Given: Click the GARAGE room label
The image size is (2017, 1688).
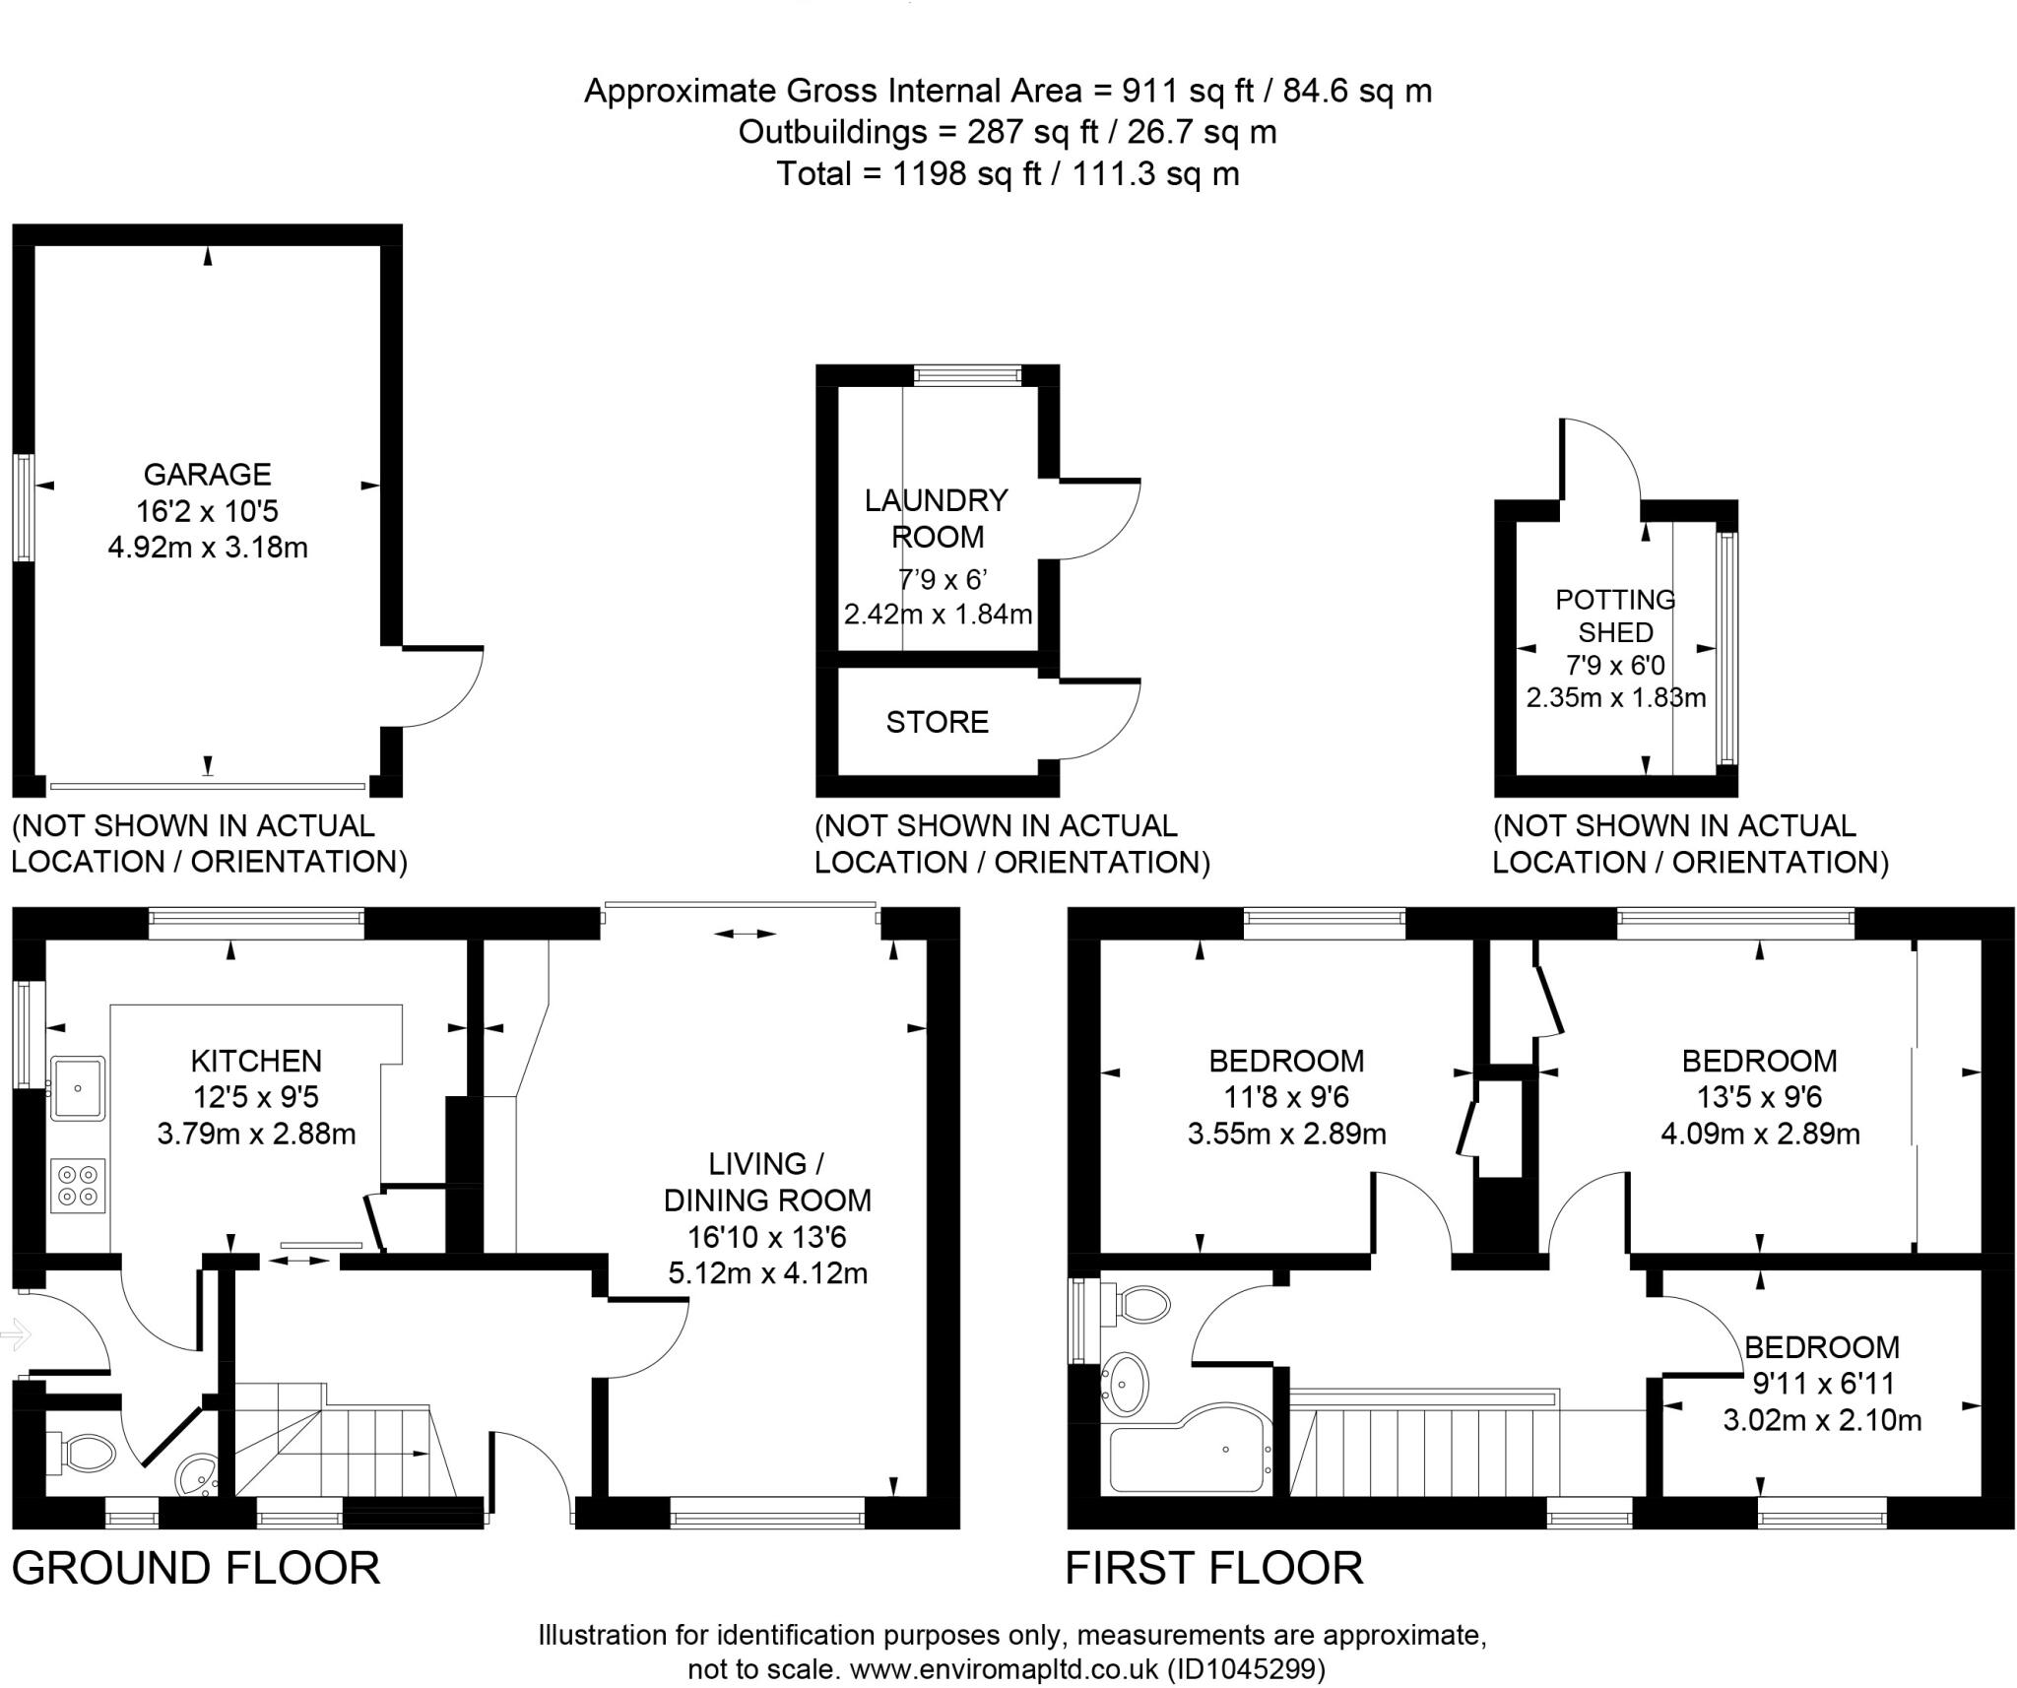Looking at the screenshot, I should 207,475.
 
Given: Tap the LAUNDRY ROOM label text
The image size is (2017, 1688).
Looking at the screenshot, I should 936,518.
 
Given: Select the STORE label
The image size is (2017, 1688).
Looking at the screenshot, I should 937,722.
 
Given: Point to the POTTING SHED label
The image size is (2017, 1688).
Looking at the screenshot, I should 1615,616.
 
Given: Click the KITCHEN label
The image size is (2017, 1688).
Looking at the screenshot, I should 256,1061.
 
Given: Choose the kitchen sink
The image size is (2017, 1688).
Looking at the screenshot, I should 79,1087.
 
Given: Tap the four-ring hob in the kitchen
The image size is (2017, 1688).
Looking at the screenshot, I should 79,1185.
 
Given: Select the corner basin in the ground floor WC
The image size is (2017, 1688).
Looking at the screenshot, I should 198,1475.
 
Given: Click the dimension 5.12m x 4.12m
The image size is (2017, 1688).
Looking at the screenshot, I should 767,1273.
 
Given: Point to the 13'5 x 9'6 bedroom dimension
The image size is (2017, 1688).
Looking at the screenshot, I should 1759,1097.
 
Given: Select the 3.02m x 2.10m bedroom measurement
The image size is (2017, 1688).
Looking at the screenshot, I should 1821,1420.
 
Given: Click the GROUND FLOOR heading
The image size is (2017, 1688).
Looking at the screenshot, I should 196,1568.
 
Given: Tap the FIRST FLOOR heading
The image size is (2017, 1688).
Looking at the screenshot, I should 1213,1568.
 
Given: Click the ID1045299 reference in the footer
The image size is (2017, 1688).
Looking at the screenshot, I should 1246,1669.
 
